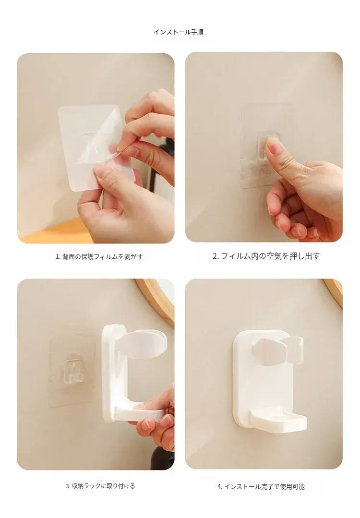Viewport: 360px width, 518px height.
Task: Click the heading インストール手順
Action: click(x=179, y=32)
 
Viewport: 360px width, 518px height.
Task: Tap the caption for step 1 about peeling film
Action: click(x=99, y=256)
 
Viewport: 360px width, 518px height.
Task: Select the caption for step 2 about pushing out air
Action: click(x=266, y=256)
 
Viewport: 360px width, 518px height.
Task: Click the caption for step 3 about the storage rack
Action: click(x=100, y=486)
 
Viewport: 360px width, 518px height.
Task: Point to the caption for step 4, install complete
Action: click(x=261, y=487)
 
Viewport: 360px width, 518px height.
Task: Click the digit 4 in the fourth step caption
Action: click(x=219, y=487)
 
